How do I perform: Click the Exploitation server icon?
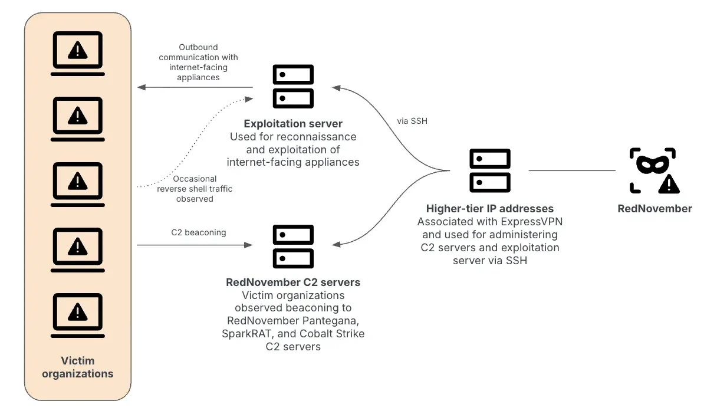click(x=293, y=87)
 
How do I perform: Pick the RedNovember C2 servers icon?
click(x=293, y=246)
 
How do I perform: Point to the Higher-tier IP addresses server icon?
click(x=489, y=170)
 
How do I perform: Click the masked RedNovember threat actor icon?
click(x=654, y=170)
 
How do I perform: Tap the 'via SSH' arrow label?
click(x=412, y=121)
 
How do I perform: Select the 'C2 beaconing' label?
click(x=198, y=232)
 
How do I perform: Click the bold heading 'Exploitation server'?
click(x=293, y=124)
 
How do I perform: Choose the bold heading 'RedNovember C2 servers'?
click(x=293, y=282)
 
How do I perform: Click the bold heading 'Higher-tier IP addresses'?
click(x=489, y=209)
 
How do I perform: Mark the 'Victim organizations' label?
click(x=78, y=367)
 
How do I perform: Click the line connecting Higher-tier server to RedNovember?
click(x=572, y=170)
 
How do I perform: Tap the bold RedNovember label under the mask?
click(x=654, y=209)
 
